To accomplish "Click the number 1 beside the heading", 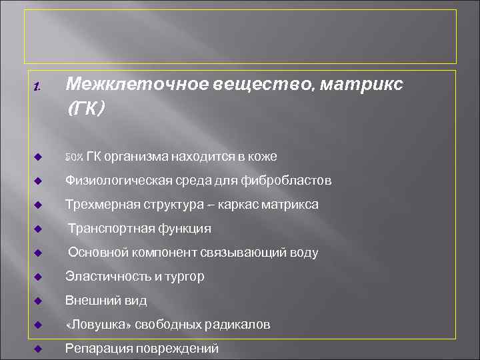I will pos(37,87).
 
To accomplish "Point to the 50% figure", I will pos(73,157).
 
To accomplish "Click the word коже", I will pos(263,157).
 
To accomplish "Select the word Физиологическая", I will pos(119,181).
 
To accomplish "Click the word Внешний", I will pos(91,301).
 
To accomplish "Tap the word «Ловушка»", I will pos(97,325).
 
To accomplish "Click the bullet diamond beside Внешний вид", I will pos(38,301).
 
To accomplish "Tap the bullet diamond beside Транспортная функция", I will pos(38,229).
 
